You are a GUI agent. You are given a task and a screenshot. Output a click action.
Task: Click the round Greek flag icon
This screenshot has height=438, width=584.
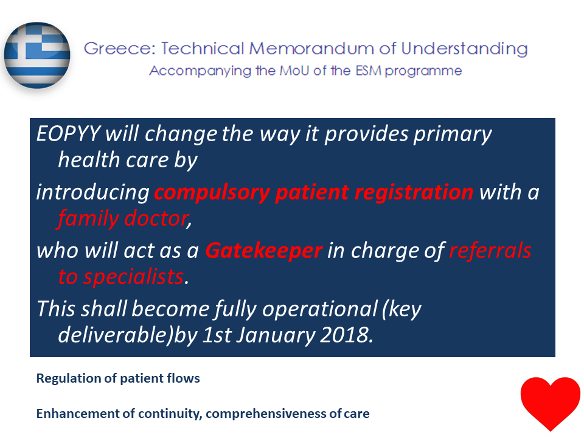[37, 55]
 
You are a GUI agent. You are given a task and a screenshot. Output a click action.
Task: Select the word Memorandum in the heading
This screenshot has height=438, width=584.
[311, 49]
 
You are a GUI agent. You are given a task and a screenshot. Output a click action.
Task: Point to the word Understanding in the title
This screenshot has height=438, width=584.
[464, 49]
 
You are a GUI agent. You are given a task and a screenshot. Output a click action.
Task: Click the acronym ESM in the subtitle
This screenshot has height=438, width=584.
[368, 71]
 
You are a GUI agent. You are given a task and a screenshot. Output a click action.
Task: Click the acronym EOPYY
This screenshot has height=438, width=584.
[69, 133]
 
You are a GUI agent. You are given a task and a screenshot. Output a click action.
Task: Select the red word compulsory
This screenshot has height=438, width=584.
[212, 193]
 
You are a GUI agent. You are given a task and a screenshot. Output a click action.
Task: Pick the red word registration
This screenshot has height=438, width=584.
[414, 193]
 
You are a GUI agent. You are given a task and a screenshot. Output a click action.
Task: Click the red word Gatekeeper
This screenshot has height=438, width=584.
[263, 250]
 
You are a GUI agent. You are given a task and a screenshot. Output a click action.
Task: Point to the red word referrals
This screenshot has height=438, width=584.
[490, 250]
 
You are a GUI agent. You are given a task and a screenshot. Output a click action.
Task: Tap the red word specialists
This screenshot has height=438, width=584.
[133, 277]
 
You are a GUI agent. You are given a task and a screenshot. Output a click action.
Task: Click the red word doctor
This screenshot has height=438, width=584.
[156, 218]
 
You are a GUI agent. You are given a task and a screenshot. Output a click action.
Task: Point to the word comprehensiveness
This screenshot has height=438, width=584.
[266, 414]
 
